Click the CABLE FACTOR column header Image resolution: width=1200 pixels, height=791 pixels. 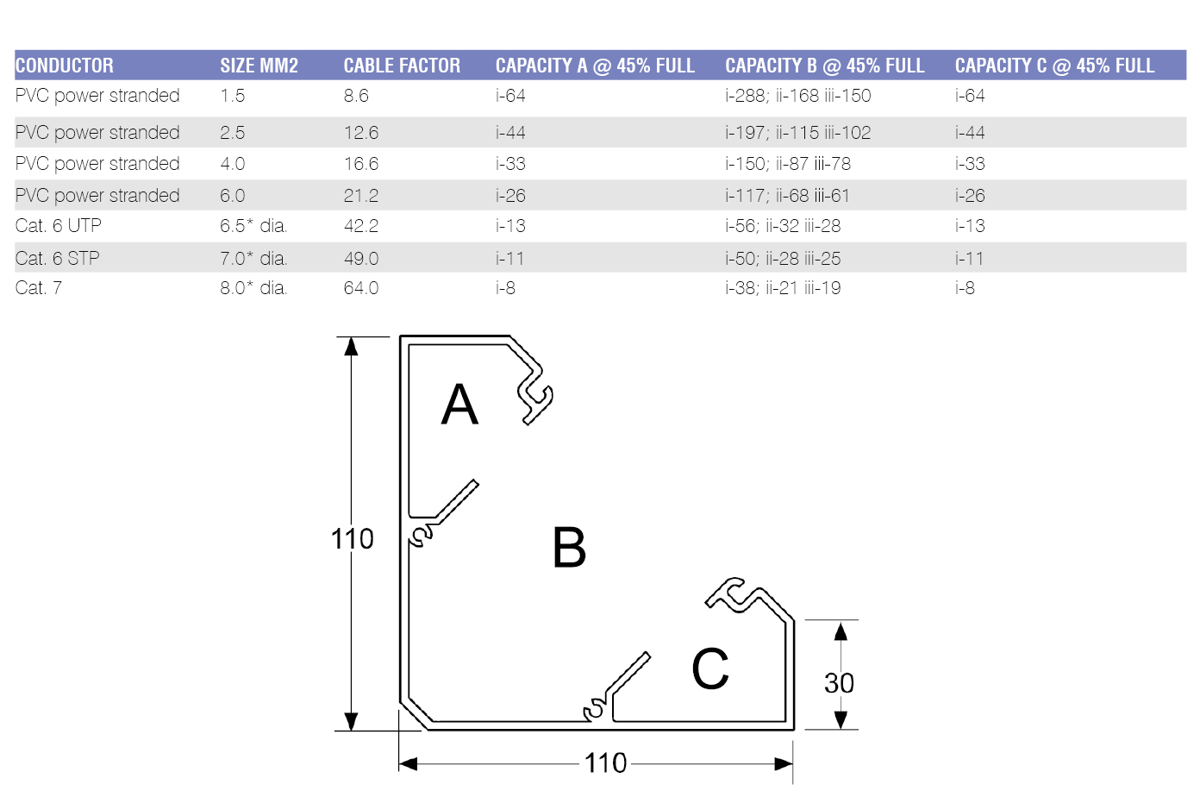point(402,66)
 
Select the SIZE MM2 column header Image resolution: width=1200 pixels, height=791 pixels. point(259,66)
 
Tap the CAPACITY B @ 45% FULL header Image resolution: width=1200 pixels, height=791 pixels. point(824,66)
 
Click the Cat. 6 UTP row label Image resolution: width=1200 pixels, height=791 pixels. point(59,226)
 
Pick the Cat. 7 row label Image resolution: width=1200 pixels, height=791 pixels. point(39,288)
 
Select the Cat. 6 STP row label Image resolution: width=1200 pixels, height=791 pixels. point(58,258)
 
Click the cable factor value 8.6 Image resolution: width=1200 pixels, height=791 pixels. point(356,96)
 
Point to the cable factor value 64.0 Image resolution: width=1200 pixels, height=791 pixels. point(361,288)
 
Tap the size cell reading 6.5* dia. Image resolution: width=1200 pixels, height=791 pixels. point(253,226)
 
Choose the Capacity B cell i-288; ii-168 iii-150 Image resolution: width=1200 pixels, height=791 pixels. point(797,96)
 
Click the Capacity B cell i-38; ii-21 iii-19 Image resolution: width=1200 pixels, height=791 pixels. point(783,288)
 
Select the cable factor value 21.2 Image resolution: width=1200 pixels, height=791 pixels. point(361,196)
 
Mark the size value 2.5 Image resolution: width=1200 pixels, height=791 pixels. point(233,133)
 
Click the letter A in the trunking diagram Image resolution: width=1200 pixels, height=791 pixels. point(459,405)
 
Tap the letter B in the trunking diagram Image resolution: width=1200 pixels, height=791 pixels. point(569,548)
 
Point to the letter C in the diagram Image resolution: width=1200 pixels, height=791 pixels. point(710,669)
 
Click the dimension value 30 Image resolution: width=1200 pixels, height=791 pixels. point(839,683)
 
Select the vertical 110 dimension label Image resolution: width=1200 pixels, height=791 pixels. point(353,539)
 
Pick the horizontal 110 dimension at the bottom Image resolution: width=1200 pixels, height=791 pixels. point(605,763)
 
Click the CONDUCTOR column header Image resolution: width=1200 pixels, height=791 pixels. point(65,66)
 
